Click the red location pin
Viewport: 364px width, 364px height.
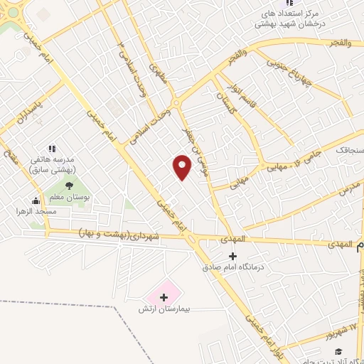[183, 166]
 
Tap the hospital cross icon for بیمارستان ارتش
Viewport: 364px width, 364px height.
[164, 296]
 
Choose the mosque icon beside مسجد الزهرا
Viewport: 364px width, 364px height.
[36, 200]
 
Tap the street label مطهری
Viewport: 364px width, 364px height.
[157, 74]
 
